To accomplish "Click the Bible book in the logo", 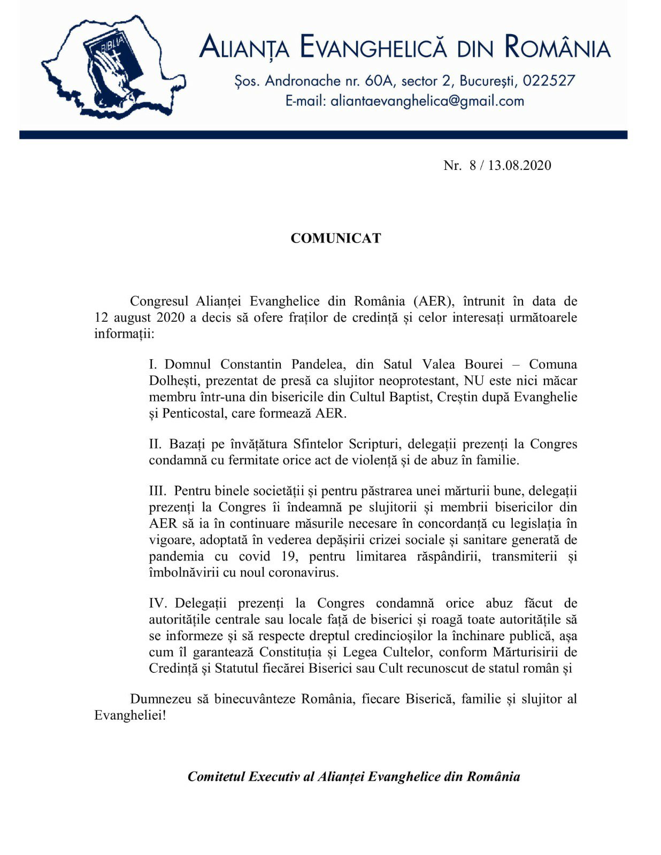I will pyautogui.click(x=113, y=59).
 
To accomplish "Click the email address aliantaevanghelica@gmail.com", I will pyautogui.click(x=427, y=101).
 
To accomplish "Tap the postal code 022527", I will pyautogui.click(x=549, y=81).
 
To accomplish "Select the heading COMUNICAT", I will pyautogui.click(x=336, y=238).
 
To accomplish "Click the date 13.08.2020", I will pyautogui.click(x=519, y=165).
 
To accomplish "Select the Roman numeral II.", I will pyautogui.click(x=155, y=444).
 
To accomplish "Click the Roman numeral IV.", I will pyautogui.click(x=158, y=603).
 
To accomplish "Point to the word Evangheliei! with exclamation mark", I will pyautogui.click(x=130, y=716).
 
